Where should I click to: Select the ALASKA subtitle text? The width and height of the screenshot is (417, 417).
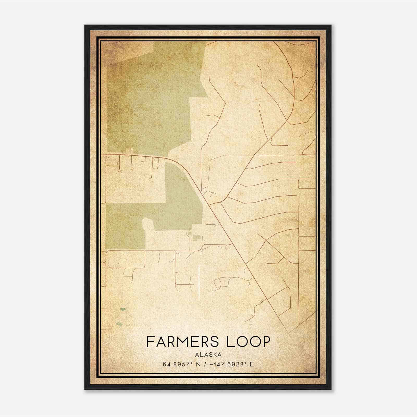[x=208, y=355]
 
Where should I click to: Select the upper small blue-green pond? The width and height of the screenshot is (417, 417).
[x=122, y=309]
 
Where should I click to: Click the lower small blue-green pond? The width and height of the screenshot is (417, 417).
[x=119, y=324]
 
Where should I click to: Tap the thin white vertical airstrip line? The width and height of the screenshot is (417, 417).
[x=199, y=280]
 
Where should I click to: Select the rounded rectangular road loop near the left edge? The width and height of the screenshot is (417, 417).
[x=125, y=259]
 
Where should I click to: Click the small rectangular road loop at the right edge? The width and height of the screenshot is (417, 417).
[x=307, y=184]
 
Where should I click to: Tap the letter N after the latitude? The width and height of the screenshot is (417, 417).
[x=198, y=364]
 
